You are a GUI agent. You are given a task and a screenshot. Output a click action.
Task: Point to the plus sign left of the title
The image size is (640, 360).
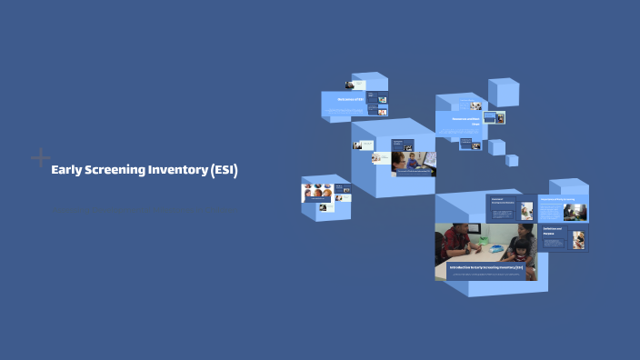[x=40, y=157]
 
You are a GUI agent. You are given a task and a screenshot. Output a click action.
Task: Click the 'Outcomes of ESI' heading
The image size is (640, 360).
[x=351, y=99]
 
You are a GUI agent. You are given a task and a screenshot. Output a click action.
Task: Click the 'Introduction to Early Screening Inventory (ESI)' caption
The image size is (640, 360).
[x=485, y=267]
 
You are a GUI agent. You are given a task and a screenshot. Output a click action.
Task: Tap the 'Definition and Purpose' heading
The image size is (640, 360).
[x=554, y=232]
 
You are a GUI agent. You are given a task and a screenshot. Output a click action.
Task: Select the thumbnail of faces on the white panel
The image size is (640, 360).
[x=317, y=193]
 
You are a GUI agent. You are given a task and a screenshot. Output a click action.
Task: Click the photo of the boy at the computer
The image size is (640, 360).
[x=414, y=163]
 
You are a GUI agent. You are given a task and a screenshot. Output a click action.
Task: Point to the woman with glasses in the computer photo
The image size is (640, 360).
[x=402, y=163]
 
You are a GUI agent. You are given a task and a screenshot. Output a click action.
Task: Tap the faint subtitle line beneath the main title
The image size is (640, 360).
[x=141, y=211]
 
